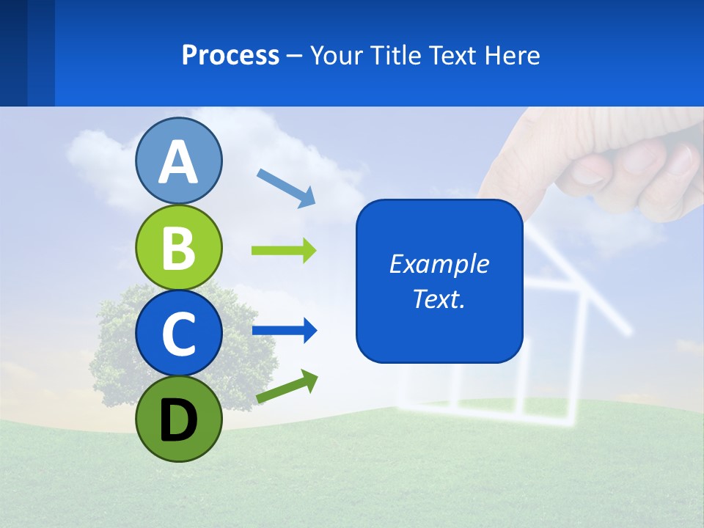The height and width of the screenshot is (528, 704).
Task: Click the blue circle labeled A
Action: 178,161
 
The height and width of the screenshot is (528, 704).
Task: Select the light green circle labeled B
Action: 178,248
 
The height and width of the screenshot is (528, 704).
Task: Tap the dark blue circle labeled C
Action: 178,333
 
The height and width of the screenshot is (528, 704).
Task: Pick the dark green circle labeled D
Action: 178,419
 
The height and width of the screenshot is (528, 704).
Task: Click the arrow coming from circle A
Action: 286,188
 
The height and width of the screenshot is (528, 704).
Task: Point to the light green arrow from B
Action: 284,251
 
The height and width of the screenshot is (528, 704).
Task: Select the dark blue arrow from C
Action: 284,331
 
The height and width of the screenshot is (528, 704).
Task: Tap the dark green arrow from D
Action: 287,386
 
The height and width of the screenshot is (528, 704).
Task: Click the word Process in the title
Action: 230,55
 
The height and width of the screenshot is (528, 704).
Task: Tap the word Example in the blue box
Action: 439,264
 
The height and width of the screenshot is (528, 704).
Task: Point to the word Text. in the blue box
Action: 439,299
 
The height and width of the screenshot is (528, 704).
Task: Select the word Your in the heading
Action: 337,55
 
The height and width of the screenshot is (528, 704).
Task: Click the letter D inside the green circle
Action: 178,420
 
